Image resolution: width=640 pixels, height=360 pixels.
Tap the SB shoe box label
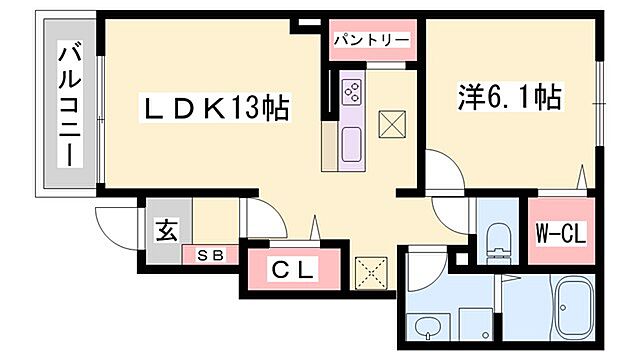[210, 254]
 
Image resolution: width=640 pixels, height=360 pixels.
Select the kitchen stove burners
[353, 92]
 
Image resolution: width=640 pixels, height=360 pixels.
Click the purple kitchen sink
[353, 144]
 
